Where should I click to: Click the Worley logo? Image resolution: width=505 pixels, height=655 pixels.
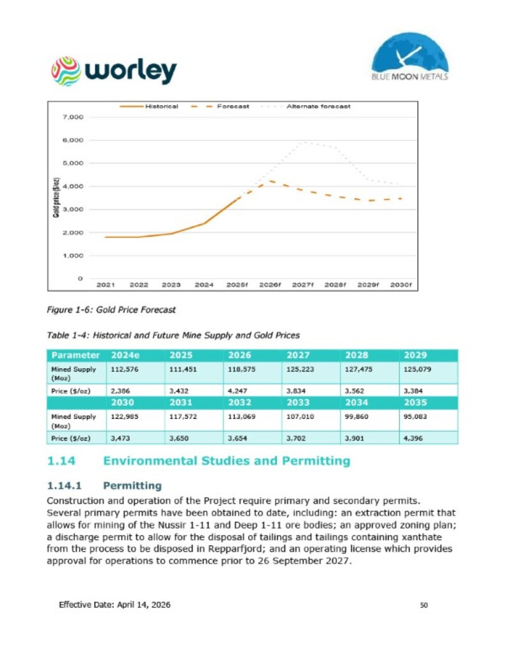tap(114, 72)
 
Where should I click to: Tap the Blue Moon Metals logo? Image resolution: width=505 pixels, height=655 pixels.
tap(410, 57)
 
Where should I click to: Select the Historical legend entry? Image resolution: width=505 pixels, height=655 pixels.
tap(149, 106)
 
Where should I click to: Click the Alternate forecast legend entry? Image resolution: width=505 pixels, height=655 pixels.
tap(305, 106)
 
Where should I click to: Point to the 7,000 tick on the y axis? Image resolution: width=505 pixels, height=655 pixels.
tap(73, 117)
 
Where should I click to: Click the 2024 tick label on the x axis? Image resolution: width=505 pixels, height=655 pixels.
tap(204, 284)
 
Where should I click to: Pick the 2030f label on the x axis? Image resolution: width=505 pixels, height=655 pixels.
tap(401, 284)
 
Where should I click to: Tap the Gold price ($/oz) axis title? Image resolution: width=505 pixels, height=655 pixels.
tap(56, 197)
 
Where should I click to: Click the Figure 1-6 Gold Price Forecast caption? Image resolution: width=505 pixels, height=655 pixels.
tap(111, 310)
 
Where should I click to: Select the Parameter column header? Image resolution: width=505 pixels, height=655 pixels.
tap(76, 355)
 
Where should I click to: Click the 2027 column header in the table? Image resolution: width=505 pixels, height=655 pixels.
tap(298, 355)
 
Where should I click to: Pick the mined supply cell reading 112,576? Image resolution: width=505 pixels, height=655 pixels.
tap(124, 369)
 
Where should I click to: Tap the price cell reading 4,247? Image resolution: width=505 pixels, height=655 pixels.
tap(238, 391)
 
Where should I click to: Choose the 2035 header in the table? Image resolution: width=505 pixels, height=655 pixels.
tap(415, 403)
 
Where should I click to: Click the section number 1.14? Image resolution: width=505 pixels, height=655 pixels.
tap(61, 461)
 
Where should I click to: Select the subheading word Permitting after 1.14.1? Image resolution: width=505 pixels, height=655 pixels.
tap(133, 486)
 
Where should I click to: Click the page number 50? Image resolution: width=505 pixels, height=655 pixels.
tap(424, 605)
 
